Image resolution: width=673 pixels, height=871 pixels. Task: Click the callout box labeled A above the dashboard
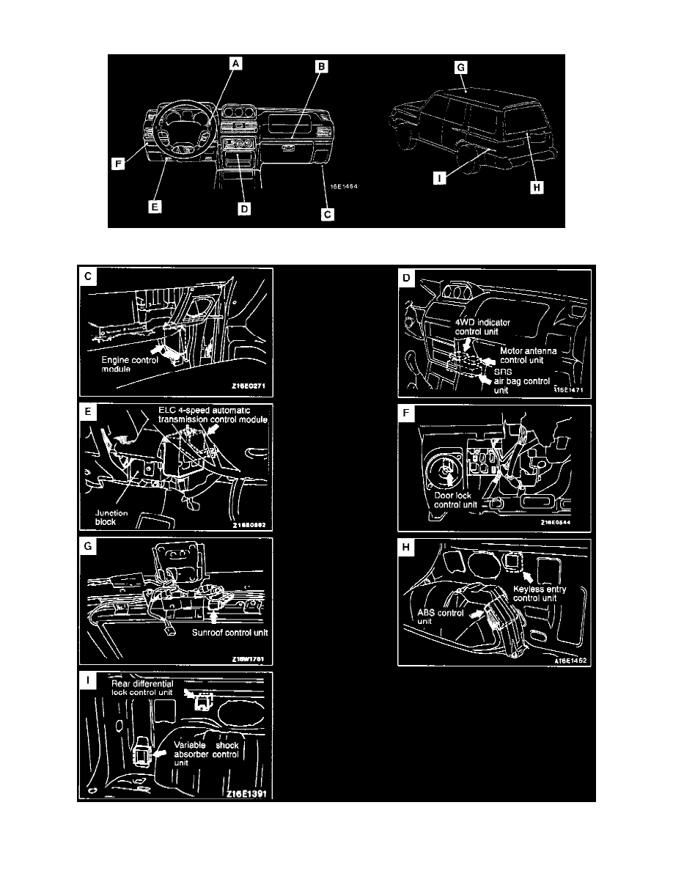point(235,65)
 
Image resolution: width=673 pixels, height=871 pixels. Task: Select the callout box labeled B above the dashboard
point(321,66)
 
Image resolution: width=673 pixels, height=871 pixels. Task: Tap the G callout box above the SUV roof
point(461,66)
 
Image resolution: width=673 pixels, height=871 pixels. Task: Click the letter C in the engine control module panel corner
point(88,277)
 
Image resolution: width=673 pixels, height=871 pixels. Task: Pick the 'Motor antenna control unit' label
point(528,355)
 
